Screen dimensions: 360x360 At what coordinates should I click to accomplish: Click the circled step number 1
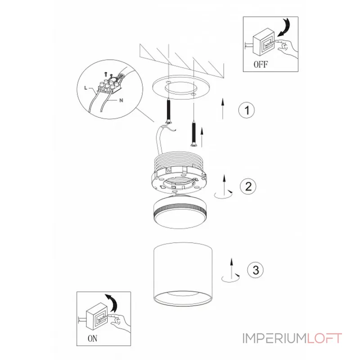click(x=246, y=110)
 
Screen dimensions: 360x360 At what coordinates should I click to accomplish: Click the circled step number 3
click(x=255, y=270)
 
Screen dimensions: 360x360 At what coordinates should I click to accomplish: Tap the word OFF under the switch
click(x=261, y=64)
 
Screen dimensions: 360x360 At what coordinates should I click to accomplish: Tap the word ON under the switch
click(x=92, y=340)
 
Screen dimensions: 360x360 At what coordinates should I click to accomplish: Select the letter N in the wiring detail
click(x=121, y=100)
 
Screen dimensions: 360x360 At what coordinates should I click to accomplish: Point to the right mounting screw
click(x=193, y=132)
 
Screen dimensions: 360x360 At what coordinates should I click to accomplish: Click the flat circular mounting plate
click(x=179, y=89)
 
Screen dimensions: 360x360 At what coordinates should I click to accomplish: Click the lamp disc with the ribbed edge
click(x=180, y=211)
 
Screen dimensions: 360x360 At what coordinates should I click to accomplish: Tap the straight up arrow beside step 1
click(x=223, y=108)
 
